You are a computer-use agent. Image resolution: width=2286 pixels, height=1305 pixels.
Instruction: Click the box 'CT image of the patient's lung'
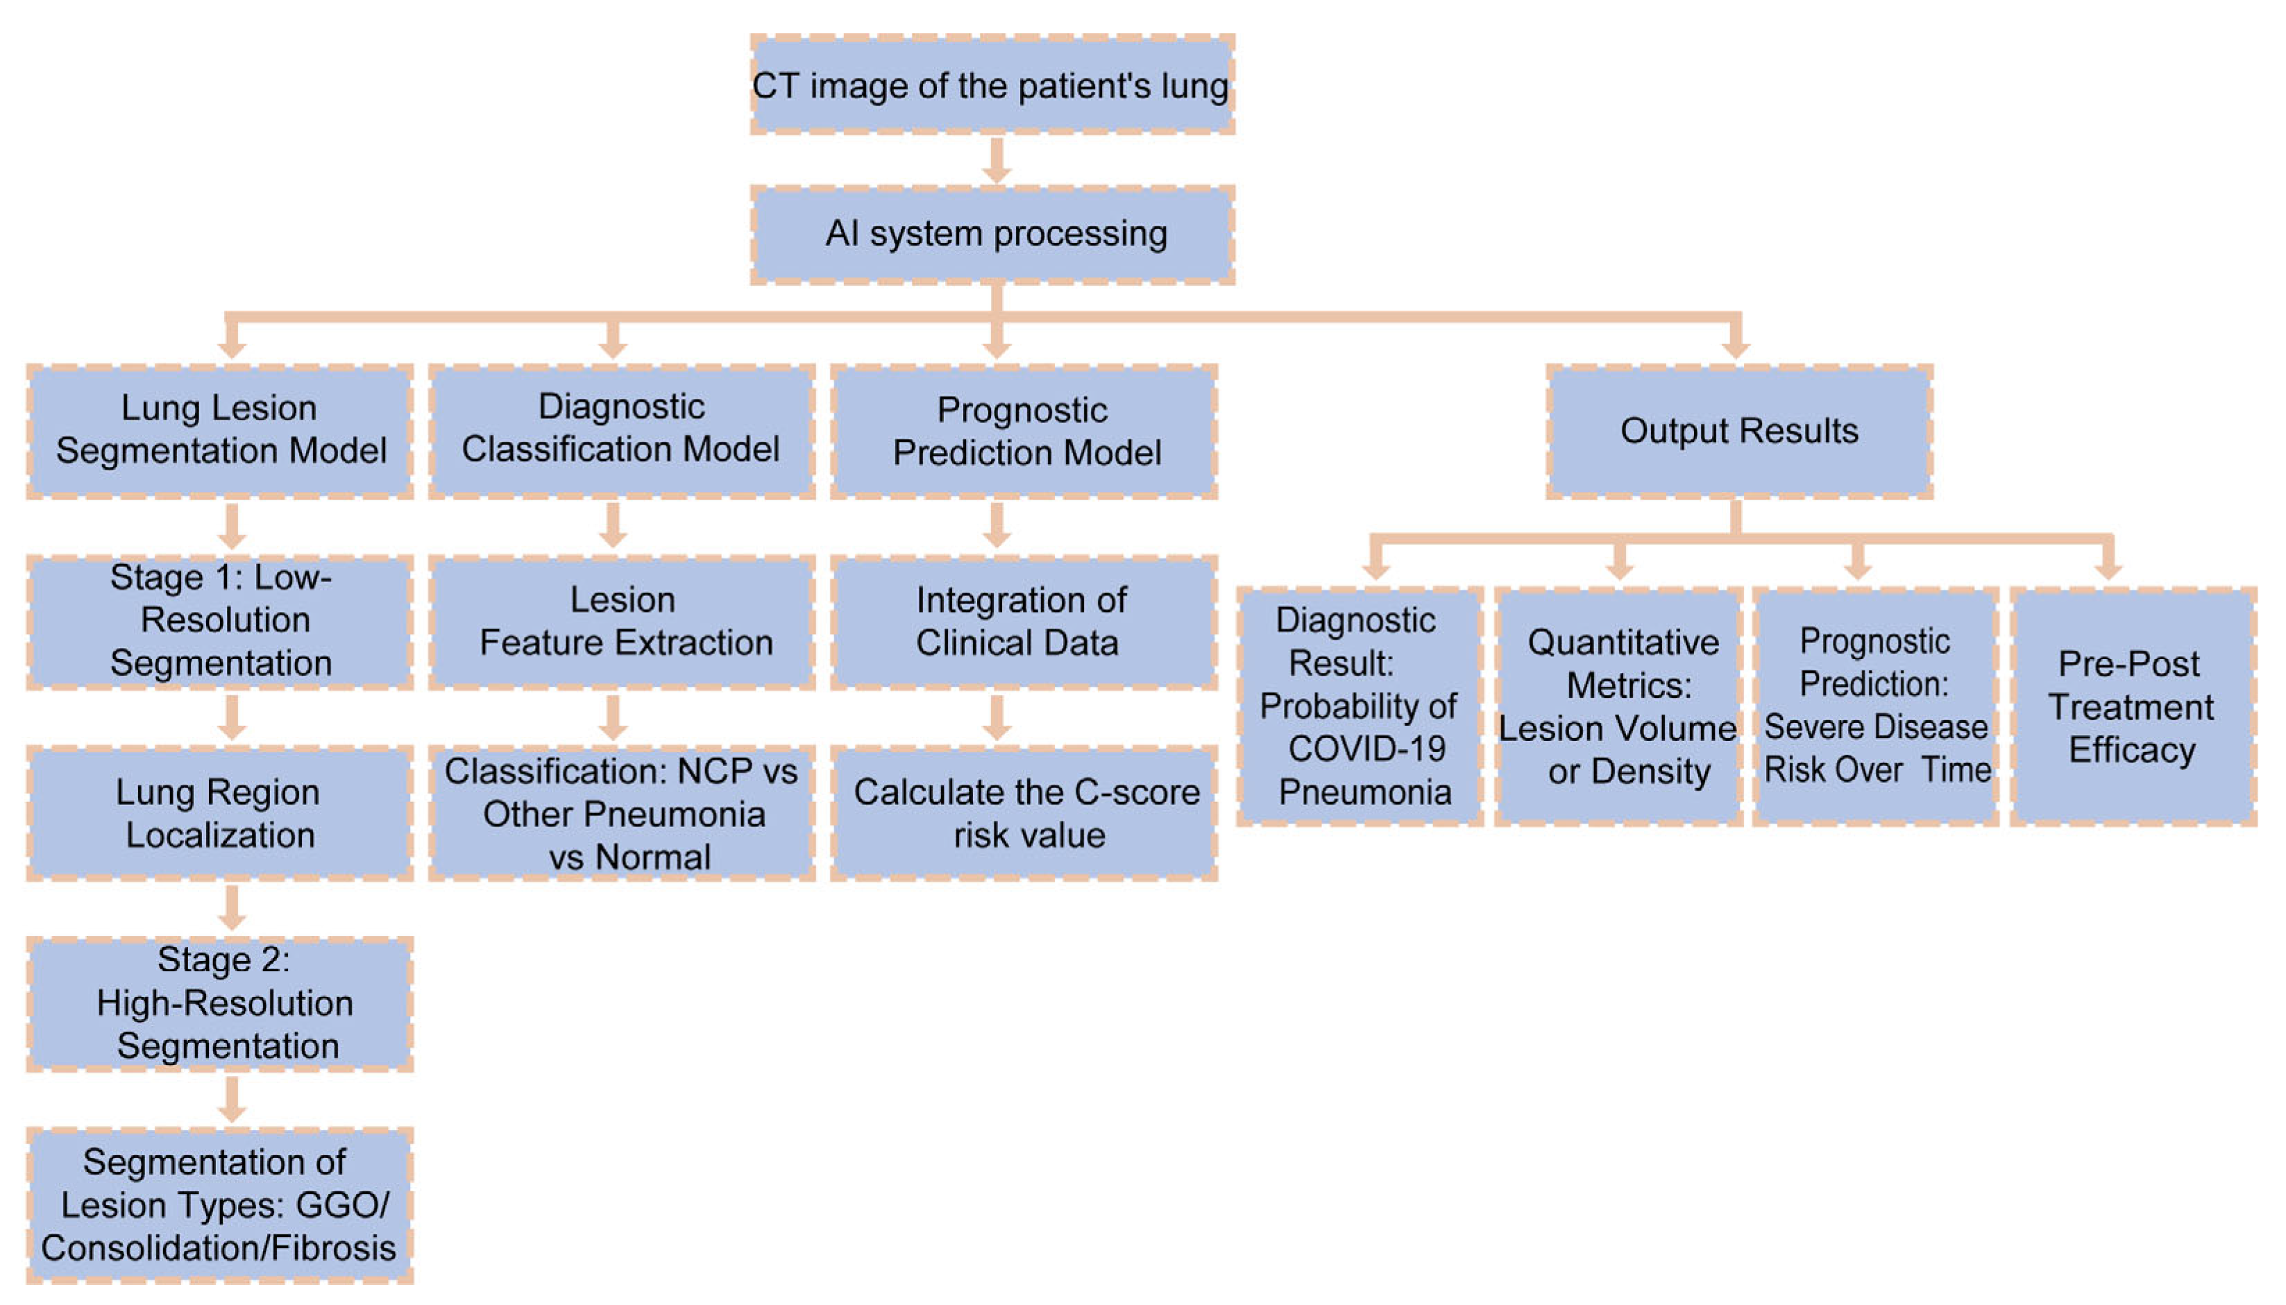(x=992, y=85)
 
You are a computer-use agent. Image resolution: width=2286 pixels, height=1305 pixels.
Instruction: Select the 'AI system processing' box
(x=992, y=234)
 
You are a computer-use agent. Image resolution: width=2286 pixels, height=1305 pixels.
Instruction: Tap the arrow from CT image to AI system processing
(x=996, y=162)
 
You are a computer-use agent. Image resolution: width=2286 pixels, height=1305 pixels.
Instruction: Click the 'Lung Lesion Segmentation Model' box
(x=219, y=431)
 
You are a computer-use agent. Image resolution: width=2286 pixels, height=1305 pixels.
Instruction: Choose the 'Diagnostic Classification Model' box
(x=621, y=431)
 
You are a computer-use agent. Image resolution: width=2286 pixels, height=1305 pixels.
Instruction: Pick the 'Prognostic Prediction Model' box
(x=1023, y=431)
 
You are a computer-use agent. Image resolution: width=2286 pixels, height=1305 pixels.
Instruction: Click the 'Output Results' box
(x=1738, y=431)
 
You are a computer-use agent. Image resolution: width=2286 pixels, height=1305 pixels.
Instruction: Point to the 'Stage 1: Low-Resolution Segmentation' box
(x=219, y=621)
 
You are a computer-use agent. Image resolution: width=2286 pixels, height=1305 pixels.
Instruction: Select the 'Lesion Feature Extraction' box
(x=621, y=621)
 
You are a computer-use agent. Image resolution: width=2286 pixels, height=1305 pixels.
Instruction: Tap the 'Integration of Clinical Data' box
(x=1023, y=621)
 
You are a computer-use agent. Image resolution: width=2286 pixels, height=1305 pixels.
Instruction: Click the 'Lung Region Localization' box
(x=219, y=813)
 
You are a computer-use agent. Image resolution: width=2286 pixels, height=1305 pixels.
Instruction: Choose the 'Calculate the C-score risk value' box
(x=1023, y=813)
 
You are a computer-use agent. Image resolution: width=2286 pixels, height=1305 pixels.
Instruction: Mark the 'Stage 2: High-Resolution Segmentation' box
(x=219, y=1003)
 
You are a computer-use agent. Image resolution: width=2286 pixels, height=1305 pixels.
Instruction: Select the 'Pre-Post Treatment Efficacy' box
(x=2132, y=706)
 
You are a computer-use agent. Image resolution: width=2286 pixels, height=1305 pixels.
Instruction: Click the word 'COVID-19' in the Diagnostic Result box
(x=1366, y=749)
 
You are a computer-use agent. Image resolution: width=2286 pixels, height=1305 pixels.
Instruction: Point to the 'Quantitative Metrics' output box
(x=1618, y=706)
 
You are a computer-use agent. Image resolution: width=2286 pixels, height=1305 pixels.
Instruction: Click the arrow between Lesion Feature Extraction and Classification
(x=613, y=718)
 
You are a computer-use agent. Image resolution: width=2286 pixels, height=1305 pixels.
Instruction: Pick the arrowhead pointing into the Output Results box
(x=1736, y=348)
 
